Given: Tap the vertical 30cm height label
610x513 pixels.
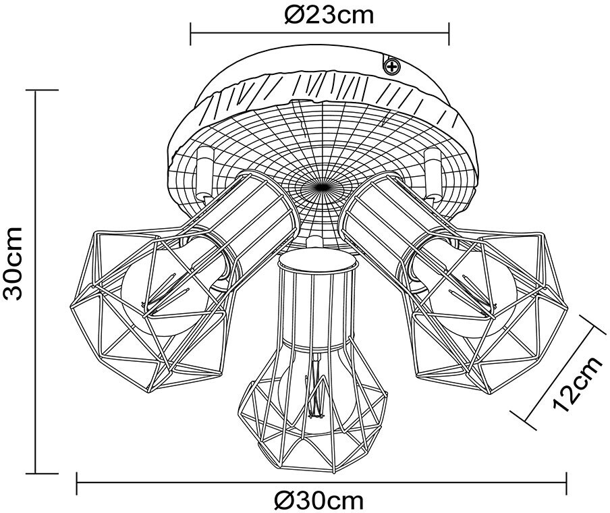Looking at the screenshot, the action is (x=14, y=263).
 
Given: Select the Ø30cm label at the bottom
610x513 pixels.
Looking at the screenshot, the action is (x=319, y=500).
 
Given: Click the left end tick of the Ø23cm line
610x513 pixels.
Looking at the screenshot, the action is (x=191, y=30).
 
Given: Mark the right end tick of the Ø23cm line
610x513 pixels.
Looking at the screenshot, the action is (x=449, y=30).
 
